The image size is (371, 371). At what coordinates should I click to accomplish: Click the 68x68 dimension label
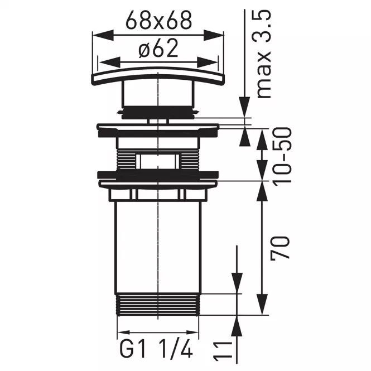click(x=158, y=20)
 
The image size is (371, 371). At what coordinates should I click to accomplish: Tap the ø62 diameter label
click(x=158, y=49)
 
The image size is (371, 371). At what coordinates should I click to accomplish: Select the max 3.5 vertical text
click(x=264, y=54)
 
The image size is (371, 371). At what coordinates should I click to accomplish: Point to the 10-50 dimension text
click(x=282, y=156)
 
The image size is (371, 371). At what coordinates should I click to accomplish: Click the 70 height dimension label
click(x=281, y=248)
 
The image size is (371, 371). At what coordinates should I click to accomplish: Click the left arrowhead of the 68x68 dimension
click(x=103, y=35)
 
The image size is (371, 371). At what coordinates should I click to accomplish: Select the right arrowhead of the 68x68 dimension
click(x=214, y=35)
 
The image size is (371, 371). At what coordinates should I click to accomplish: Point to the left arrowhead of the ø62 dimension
click(x=109, y=62)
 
